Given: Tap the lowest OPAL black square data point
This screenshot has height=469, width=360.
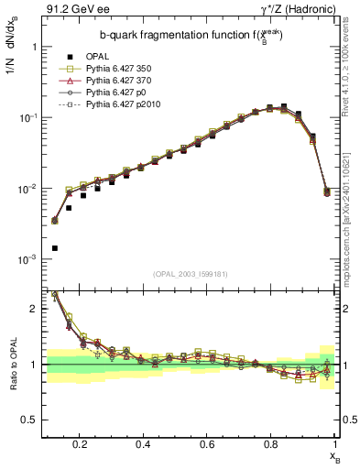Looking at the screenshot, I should pyautogui.click(x=55, y=248).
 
